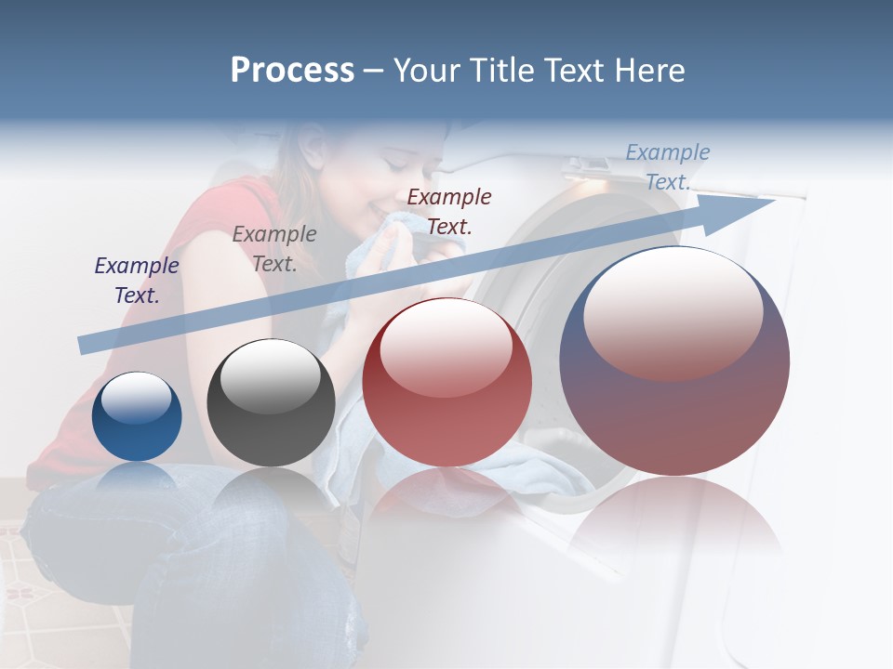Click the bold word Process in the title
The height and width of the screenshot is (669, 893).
[292, 71]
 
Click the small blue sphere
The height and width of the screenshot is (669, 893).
[137, 417]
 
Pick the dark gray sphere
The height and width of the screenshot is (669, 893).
[271, 403]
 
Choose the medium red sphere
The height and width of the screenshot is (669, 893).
[446, 383]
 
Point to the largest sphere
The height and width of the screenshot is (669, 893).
[674, 361]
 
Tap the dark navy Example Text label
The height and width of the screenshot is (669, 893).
[137, 281]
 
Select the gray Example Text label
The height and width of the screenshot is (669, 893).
[274, 249]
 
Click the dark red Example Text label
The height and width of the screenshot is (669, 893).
[449, 211]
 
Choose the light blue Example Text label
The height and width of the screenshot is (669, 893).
[668, 167]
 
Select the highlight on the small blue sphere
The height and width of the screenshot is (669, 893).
[137, 398]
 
